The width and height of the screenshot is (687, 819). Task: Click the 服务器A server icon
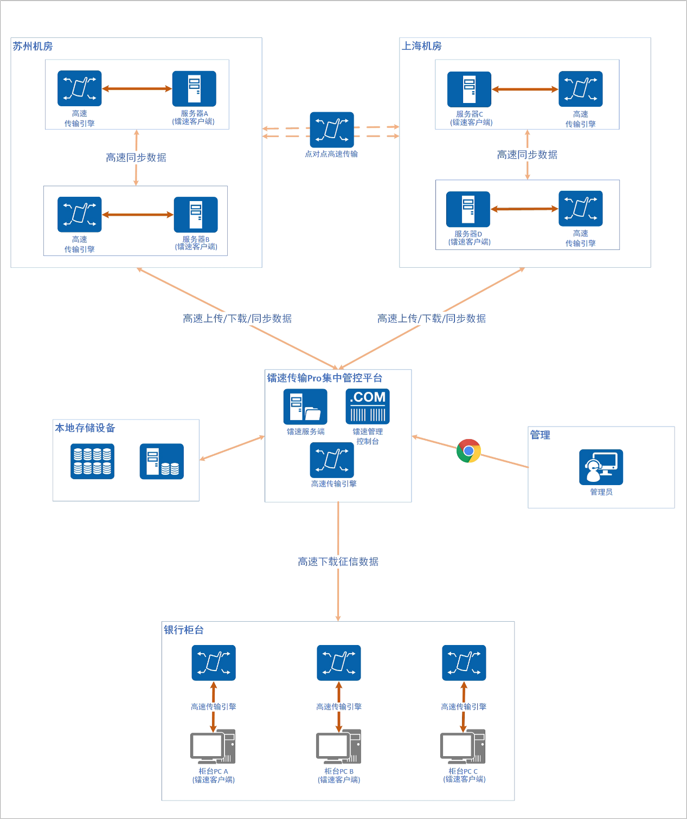[194, 88]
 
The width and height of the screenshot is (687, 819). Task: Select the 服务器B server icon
[196, 215]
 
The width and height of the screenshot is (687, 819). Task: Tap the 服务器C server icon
[469, 89]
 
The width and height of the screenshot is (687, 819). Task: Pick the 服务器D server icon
[468, 209]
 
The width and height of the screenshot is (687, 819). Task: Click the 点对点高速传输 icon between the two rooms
[332, 130]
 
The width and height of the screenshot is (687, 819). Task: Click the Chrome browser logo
[468, 451]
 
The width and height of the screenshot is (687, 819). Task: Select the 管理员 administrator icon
[601, 467]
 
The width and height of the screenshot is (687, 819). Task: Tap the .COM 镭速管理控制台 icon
[368, 407]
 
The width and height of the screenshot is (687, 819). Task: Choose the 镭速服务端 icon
[305, 407]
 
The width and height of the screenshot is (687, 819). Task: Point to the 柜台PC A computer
[213, 746]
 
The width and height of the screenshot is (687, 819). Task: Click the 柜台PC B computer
[339, 746]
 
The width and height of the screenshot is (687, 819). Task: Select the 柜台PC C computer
[463, 746]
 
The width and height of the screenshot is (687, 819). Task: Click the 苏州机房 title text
[33, 47]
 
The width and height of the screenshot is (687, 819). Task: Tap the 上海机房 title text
[422, 46]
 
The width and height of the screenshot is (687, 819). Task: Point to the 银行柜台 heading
[184, 630]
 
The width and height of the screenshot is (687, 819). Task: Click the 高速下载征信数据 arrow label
[338, 562]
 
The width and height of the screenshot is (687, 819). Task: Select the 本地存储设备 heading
[85, 428]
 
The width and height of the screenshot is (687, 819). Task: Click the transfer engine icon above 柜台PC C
[464, 663]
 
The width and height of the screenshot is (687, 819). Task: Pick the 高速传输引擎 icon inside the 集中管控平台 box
[332, 460]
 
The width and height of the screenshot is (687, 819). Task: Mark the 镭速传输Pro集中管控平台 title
[325, 378]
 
